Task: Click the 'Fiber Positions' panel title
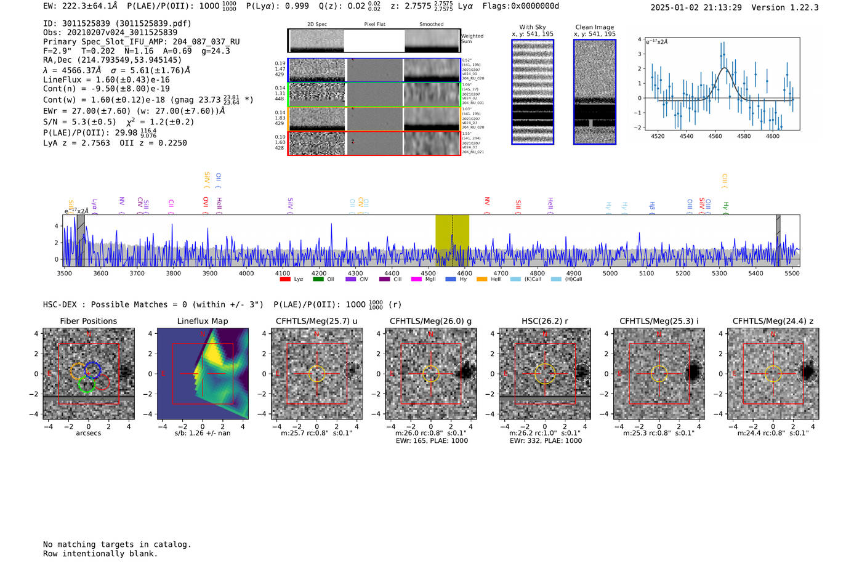click(x=88, y=321)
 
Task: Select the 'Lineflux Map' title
click(x=203, y=321)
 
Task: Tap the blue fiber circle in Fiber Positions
click(x=92, y=370)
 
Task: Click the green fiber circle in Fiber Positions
click(x=86, y=384)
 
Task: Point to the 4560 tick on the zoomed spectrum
click(x=715, y=136)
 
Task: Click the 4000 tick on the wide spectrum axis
click(x=246, y=273)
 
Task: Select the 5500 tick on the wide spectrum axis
click(x=792, y=273)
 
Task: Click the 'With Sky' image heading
click(x=533, y=27)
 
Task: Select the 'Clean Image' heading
click(x=594, y=27)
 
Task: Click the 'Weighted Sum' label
click(x=472, y=39)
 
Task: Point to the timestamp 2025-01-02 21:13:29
click(x=696, y=7)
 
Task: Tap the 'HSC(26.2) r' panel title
click(x=545, y=321)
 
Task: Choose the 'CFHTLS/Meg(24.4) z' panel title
click(x=773, y=321)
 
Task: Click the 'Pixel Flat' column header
click(x=374, y=25)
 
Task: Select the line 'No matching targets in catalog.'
click(x=117, y=544)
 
